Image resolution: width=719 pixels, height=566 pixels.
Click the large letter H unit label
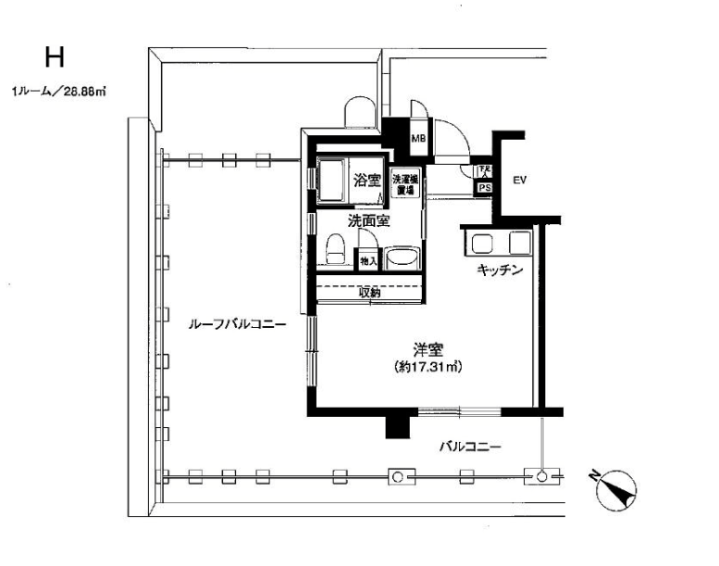click(54, 57)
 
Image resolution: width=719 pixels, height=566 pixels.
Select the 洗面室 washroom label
click(367, 221)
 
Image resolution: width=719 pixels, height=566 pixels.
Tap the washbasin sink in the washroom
click(400, 258)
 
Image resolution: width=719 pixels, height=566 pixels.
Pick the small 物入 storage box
click(368, 262)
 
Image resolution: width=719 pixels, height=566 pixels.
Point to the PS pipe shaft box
click(484, 187)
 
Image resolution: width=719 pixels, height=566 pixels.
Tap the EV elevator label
click(519, 180)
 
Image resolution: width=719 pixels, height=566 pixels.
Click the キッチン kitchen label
click(501, 271)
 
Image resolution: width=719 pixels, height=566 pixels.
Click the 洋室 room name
click(428, 350)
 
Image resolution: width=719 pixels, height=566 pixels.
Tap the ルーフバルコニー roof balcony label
click(235, 325)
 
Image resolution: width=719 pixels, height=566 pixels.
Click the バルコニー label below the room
click(469, 447)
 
